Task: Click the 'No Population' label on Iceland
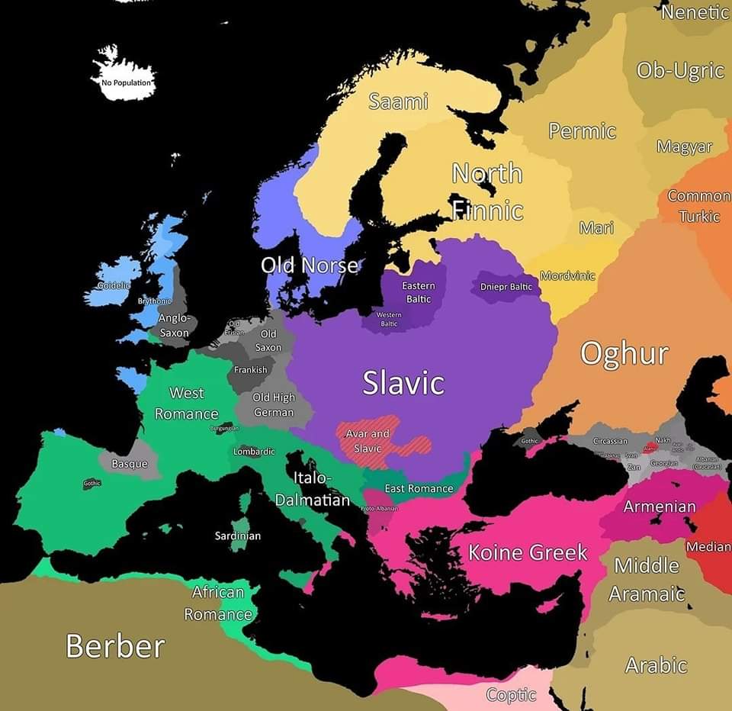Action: pyautogui.click(x=127, y=82)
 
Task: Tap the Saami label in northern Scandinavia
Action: pyautogui.click(x=398, y=101)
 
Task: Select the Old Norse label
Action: pyautogui.click(x=309, y=265)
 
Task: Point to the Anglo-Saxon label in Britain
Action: pyautogui.click(x=175, y=325)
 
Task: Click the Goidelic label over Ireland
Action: pyautogui.click(x=112, y=285)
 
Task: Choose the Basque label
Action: pyautogui.click(x=130, y=464)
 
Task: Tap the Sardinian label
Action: pyautogui.click(x=237, y=536)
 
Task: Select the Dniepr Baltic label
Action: pyautogui.click(x=506, y=287)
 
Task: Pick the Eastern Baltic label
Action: pyautogui.click(x=418, y=292)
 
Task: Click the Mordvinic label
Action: pyautogui.click(x=567, y=275)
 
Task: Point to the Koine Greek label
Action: pyautogui.click(x=528, y=552)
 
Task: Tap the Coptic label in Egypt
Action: pyautogui.click(x=511, y=695)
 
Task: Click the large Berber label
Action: pyautogui.click(x=115, y=646)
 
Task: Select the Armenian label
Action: pyautogui.click(x=660, y=507)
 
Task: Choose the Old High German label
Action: pyautogui.click(x=273, y=404)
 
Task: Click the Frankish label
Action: pyautogui.click(x=251, y=369)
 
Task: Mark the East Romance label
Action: pyautogui.click(x=419, y=488)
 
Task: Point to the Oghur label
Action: pyautogui.click(x=624, y=354)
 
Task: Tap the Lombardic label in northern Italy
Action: pyautogui.click(x=254, y=452)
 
